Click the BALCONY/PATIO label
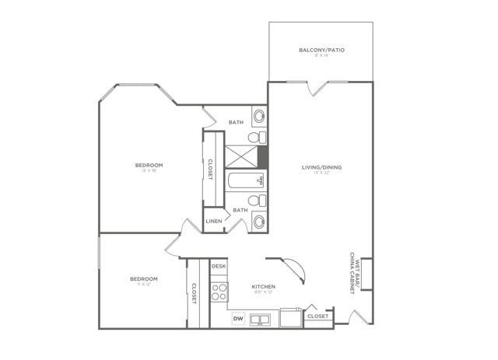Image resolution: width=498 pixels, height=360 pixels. click(321, 51)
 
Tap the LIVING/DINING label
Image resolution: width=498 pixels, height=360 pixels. click(321, 167)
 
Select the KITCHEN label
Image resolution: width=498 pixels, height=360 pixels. click(263, 287)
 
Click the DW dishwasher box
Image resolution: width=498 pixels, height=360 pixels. click(238, 319)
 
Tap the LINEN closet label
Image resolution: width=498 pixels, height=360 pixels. click(214, 221)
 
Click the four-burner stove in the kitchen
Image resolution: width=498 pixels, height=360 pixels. click(219, 292)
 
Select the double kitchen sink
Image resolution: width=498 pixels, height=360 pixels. click(260, 319)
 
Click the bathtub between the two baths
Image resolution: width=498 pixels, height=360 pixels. click(246, 182)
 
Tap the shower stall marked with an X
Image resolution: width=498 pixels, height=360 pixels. click(241, 157)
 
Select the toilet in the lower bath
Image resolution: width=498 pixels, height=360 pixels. click(257, 201)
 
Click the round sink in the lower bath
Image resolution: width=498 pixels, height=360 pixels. click(259, 222)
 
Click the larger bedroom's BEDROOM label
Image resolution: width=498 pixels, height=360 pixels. click(149, 165)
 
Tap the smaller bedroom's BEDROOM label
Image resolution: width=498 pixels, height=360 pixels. click(143, 278)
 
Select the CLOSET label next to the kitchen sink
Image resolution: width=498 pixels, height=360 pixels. click(317, 316)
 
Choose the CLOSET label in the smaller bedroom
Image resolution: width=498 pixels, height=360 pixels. click(194, 293)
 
